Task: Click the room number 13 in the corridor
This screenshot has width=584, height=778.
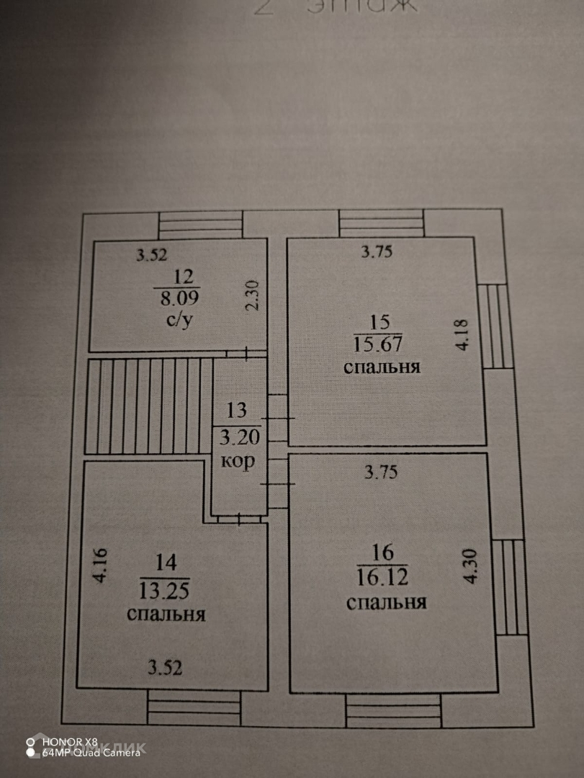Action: (x=237, y=411)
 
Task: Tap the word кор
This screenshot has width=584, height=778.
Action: (x=238, y=462)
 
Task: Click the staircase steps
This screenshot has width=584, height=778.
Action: (x=149, y=406)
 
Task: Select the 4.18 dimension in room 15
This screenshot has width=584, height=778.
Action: (x=462, y=335)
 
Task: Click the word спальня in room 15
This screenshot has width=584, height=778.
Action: (x=382, y=367)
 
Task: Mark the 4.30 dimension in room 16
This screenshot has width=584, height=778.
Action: (x=472, y=567)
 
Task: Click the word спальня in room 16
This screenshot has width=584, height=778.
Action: (x=386, y=602)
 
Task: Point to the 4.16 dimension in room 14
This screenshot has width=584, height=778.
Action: (x=100, y=566)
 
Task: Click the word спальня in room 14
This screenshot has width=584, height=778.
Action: (x=166, y=614)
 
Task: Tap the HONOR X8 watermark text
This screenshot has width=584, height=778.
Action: (x=70, y=741)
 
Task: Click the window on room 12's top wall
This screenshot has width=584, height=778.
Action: (x=199, y=224)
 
